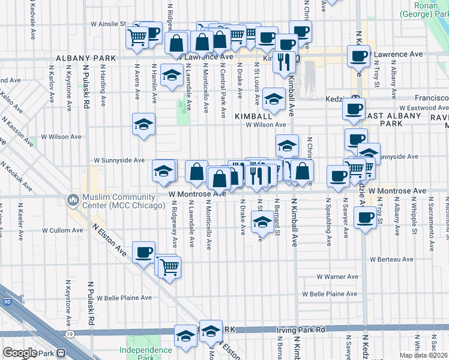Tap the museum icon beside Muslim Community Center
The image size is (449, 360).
coord(73,198)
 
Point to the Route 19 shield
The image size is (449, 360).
coord(70,333)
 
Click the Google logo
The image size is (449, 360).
coord(19,353)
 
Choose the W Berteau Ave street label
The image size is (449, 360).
coord(391,259)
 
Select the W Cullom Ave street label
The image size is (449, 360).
coord(62,230)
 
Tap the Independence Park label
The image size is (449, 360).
coord(145,353)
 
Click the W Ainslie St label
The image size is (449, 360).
coord(109,24)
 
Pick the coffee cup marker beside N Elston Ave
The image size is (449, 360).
coord(143,252)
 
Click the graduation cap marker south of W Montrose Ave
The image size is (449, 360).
coord(261,222)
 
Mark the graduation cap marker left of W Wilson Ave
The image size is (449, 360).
coord(143,124)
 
